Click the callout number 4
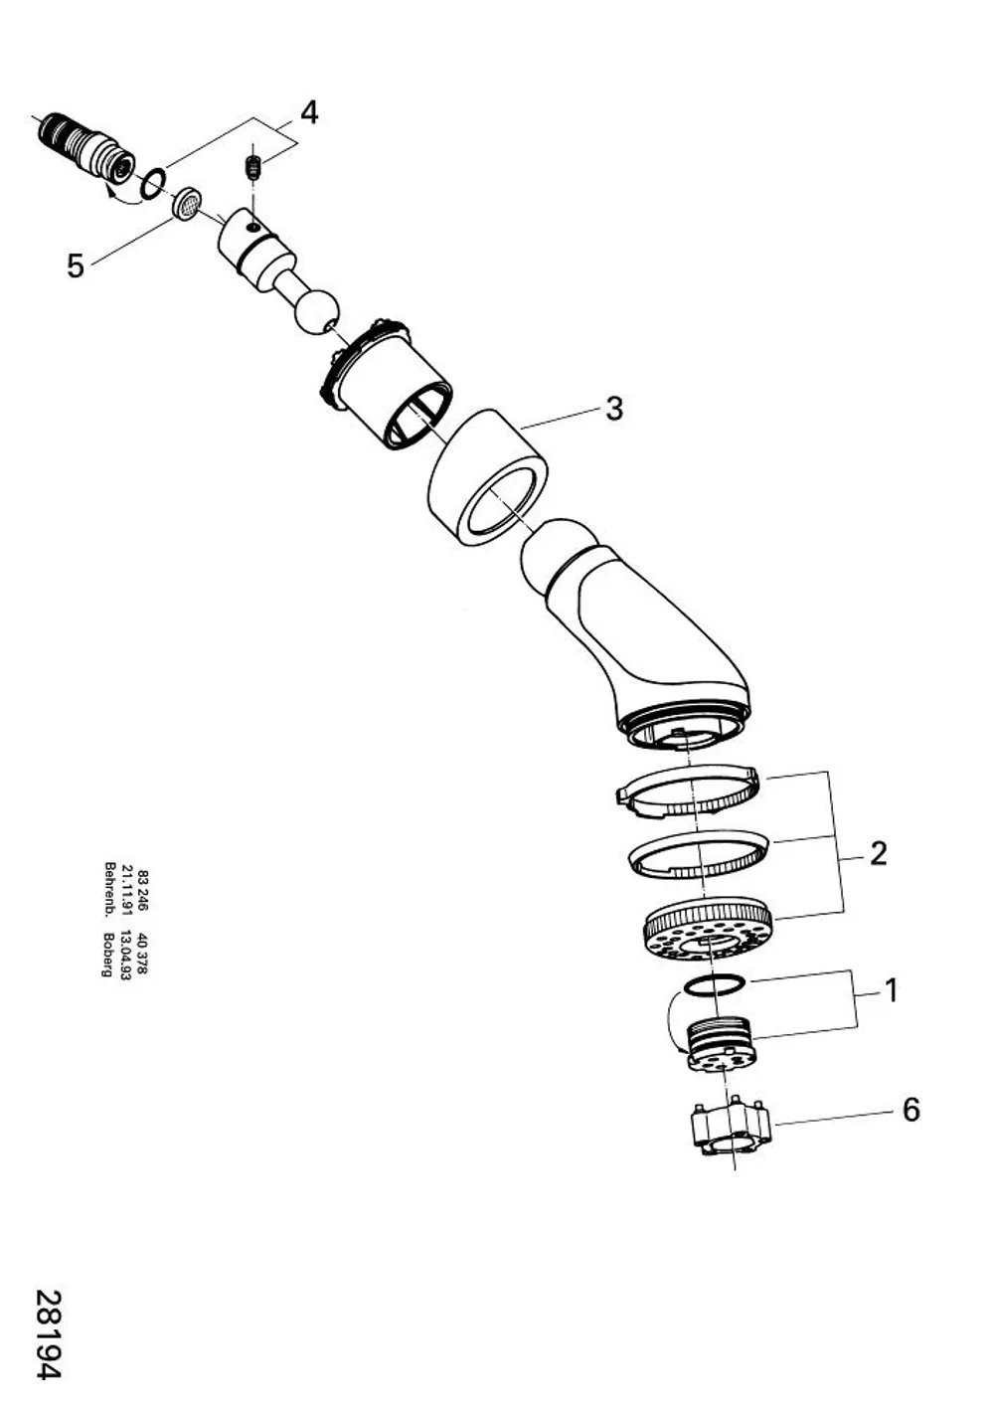(x=309, y=113)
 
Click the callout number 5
(x=76, y=266)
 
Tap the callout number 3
(x=613, y=410)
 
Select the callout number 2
(x=878, y=853)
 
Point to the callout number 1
(x=891, y=991)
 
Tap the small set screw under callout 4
(x=252, y=168)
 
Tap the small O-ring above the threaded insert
(x=714, y=985)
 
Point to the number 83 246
(x=143, y=891)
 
